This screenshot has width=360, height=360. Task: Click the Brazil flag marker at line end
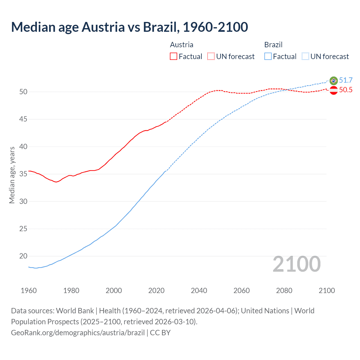[x=334, y=81]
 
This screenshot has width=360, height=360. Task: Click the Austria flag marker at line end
[x=334, y=90]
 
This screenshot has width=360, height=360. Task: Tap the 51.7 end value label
[x=346, y=80]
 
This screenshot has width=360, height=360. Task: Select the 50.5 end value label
[x=346, y=90]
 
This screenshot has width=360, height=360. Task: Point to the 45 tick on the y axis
[x=23, y=119]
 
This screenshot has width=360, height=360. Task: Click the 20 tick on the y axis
[x=23, y=256]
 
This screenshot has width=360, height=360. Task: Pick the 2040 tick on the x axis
[x=199, y=291]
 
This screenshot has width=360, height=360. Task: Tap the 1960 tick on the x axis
[x=29, y=291]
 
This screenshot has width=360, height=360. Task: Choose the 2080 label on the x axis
[x=284, y=291]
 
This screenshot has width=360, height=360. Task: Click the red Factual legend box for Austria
[x=174, y=57]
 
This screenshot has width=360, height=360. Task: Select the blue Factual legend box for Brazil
[x=268, y=57]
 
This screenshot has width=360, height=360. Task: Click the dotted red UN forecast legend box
[x=211, y=57]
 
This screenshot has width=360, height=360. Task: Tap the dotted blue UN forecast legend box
[x=305, y=57]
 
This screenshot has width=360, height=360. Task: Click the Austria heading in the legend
[x=182, y=45]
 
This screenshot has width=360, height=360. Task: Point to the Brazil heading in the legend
[x=273, y=45]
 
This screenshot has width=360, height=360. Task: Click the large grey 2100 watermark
[x=296, y=264]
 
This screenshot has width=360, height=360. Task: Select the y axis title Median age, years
[x=12, y=175]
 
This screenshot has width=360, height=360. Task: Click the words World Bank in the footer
[x=75, y=311]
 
